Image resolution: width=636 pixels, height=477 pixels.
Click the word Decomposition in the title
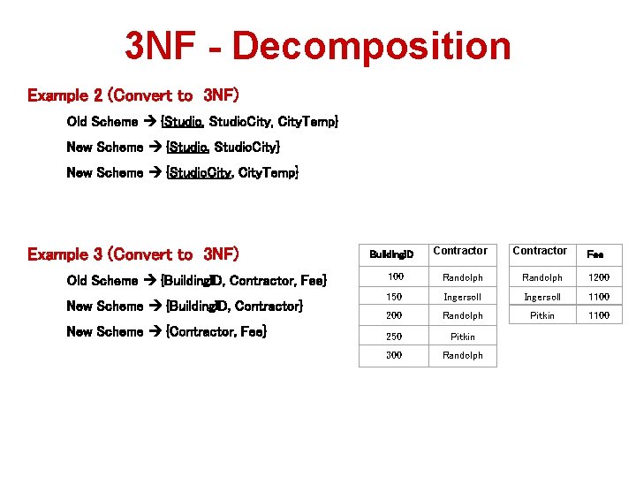pyautogui.click(x=372, y=46)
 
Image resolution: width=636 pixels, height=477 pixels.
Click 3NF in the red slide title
pyautogui.click(x=160, y=46)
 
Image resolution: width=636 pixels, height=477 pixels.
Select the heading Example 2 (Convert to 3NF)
pyautogui.click(x=132, y=95)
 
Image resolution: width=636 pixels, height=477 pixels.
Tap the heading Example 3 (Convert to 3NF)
pyautogui.click(x=132, y=254)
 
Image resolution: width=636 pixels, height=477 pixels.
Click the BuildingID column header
pyautogui.click(x=392, y=254)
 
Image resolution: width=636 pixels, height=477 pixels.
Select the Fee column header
pyautogui.click(x=595, y=254)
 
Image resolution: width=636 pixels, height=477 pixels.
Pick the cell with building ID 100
pyautogui.click(x=394, y=277)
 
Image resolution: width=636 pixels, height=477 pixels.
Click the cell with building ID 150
pyautogui.click(x=394, y=297)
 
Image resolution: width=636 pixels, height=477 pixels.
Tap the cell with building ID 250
pyautogui.click(x=394, y=337)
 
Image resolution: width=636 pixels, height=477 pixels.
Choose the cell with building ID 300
pyautogui.click(x=394, y=355)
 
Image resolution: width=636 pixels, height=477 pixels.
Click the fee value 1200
pyautogui.click(x=599, y=277)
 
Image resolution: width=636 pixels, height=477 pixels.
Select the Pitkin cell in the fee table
pyautogui.click(x=541, y=315)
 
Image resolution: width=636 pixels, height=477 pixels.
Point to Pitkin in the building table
pyautogui.click(x=462, y=337)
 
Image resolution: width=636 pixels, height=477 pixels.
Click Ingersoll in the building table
pyautogui.click(x=462, y=297)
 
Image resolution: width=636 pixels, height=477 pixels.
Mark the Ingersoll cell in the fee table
pyautogui.click(x=541, y=297)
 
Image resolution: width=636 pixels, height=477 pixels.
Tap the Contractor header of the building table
pyautogui.click(x=460, y=251)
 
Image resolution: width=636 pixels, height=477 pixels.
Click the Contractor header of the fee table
pyautogui.click(x=540, y=251)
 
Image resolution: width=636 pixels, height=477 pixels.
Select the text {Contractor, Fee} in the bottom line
pyautogui.click(x=216, y=331)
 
